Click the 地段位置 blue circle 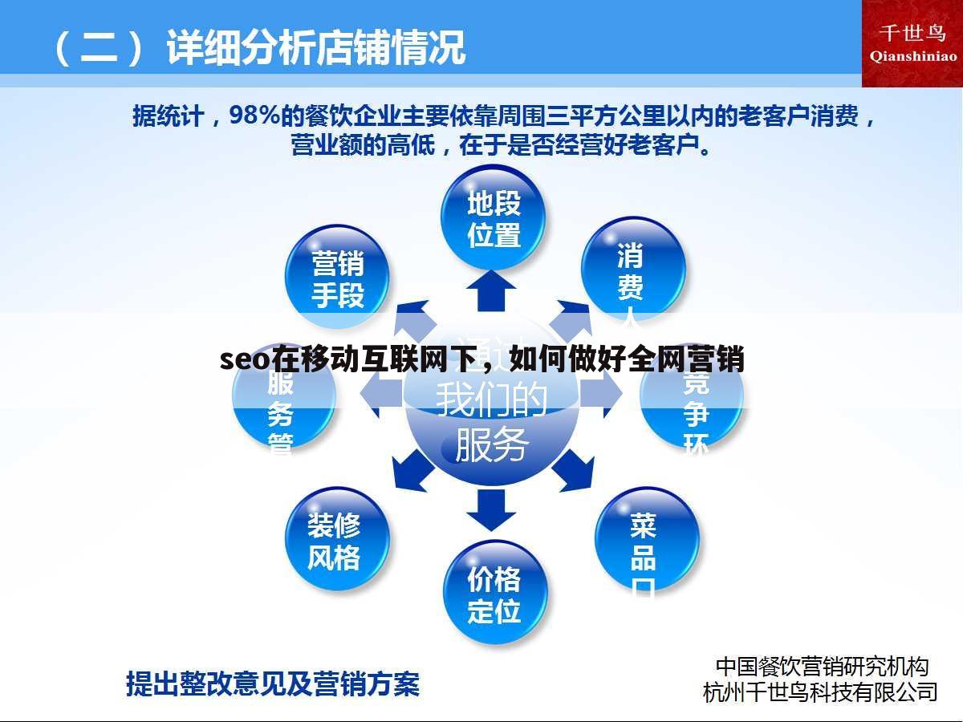(494, 217)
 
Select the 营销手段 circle (337, 277)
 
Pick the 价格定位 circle (494, 594)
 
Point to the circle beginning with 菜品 (646, 539)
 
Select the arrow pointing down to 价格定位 (491, 509)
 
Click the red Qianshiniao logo (912, 43)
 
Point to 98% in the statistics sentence (254, 116)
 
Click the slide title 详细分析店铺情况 (315, 47)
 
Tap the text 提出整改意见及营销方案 (273, 684)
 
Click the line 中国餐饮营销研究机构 (822, 666)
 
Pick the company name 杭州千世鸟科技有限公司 (820, 692)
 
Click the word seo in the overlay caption (245, 360)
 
